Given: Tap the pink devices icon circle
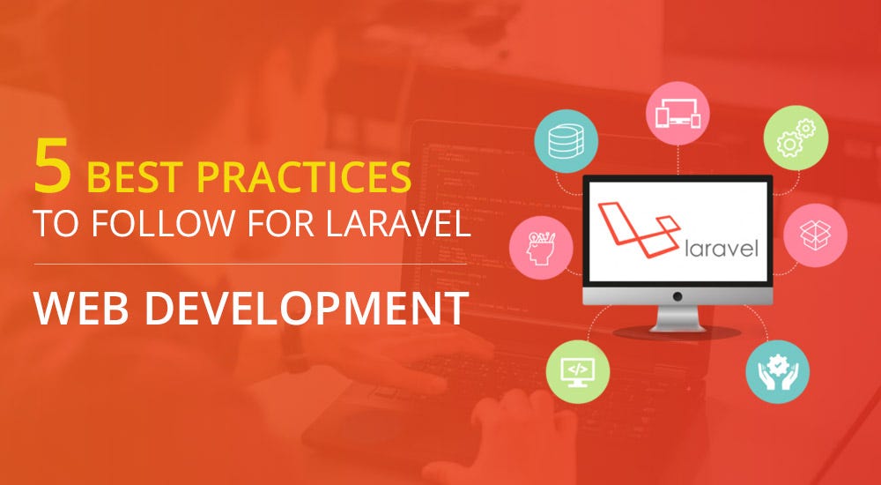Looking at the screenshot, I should (677, 112).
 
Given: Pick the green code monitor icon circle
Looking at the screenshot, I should (578, 367).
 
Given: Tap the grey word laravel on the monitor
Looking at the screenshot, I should (720, 250).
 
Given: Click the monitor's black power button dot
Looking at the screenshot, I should (677, 295).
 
